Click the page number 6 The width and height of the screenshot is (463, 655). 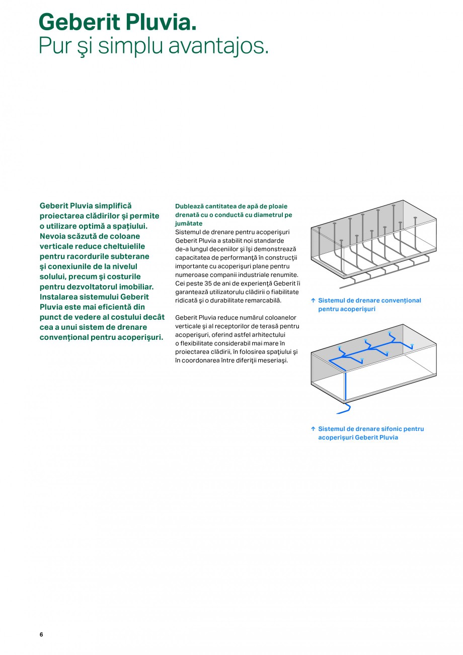click(41, 634)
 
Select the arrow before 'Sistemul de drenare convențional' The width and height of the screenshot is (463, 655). click(313, 301)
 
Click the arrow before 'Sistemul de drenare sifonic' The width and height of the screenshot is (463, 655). click(313, 429)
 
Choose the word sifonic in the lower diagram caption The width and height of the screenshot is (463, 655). click(392, 429)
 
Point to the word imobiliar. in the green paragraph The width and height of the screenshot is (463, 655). click(131, 287)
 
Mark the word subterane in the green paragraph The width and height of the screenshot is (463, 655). click(132, 256)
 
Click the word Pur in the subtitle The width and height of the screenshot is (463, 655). click(53, 46)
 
